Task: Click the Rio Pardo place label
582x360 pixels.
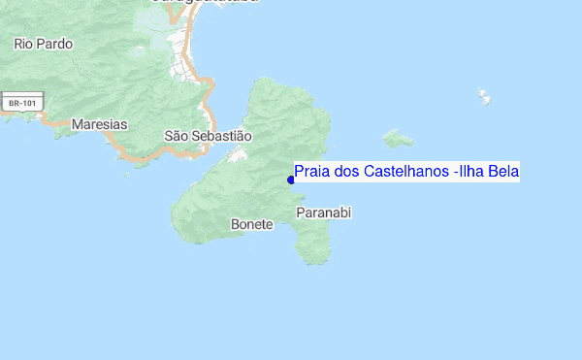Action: coord(43,44)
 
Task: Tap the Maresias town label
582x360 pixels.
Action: coord(99,124)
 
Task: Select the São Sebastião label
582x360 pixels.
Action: coord(208,137)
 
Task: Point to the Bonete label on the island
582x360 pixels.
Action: coord(251,224)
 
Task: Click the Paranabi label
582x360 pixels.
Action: coord(323,212)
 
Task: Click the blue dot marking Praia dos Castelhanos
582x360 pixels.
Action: coord(291,180)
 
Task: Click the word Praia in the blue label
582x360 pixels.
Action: coord(310,172)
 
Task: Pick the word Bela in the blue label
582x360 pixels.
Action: coord(504,172)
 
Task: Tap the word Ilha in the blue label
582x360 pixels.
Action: coord(472,172)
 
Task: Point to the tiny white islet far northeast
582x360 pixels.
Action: coord(483,96)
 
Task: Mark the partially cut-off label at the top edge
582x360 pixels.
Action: coord(203,3)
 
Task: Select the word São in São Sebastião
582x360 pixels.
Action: coord(176,137)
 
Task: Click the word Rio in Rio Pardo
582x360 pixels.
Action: coord(23,44)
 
